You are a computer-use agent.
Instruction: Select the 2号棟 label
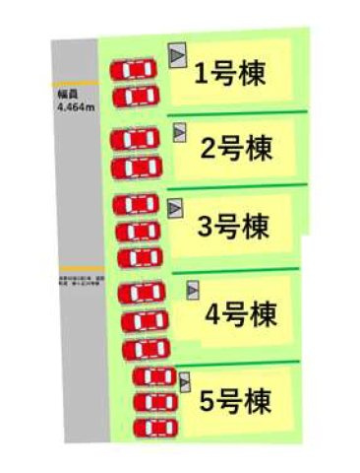coord(235,151)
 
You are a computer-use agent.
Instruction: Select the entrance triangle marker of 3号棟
coord(176,207)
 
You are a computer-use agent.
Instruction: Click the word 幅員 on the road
coord(67,96)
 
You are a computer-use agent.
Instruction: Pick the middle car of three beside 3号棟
coord(137,231)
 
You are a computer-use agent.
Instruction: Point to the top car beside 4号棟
coord(142,293)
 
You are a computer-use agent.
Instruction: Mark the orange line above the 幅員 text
coord(75,82)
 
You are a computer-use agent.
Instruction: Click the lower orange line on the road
coord(78,267)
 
